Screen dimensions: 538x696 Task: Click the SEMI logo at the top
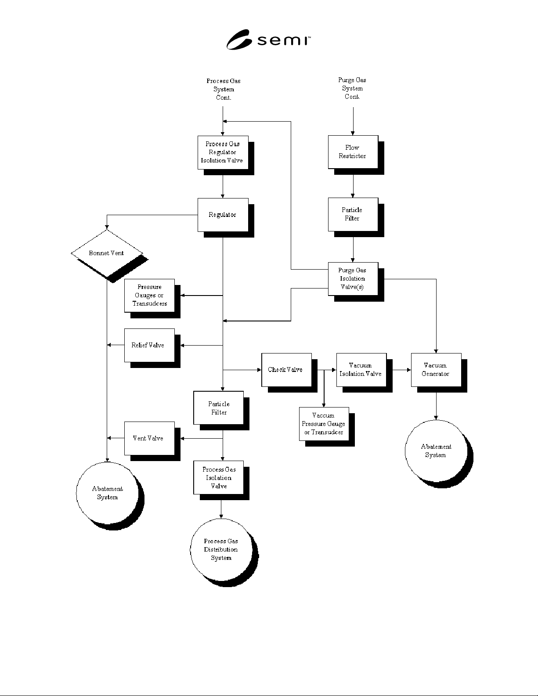pyautogui.click(x=268, y=40)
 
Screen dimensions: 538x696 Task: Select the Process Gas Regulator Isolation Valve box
pyautogui.click(x=223, y=152)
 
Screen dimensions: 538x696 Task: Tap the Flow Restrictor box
pyautogui.click(x=353, y=152)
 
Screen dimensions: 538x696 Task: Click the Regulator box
pyautogui.click(x=223, y=215)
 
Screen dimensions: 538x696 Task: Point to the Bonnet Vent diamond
pyautogui.click(x=107, y=253)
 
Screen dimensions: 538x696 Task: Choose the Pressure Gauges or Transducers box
pyautogui.click(x=150, y=296)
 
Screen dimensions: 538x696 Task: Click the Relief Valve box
pyautogui.click(x=150, y=345)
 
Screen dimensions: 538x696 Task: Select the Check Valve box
pyautogui.click(x=287, y=370)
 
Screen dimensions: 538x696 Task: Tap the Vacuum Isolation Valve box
pyautogui.click(x=361, y=370)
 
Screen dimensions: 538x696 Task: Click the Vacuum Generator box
pyautogui.click(x=436, y=370)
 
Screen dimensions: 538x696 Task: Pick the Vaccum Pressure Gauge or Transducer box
pyautogui.click(x=324, y=424)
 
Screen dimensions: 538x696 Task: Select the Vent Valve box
pyautogui.click(x=150, y=439)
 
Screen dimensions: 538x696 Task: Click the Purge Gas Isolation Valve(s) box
pyautogui.click(x=353, y=279)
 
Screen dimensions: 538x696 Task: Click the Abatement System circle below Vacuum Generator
pyautogui.click(x=436, y=451)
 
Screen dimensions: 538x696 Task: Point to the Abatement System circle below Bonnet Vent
pyautogui.click(x=107, y=493)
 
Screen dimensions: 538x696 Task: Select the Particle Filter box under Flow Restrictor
pyautogui.click(x=353, y=215)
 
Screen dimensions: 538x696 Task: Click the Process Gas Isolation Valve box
pyautogui.click(x=219, y=478)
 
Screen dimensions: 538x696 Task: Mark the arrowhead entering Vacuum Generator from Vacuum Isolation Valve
pyautogui.click(x=409, y=370)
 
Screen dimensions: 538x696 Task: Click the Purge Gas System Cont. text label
pyautogui.click(x=352, y=88)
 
